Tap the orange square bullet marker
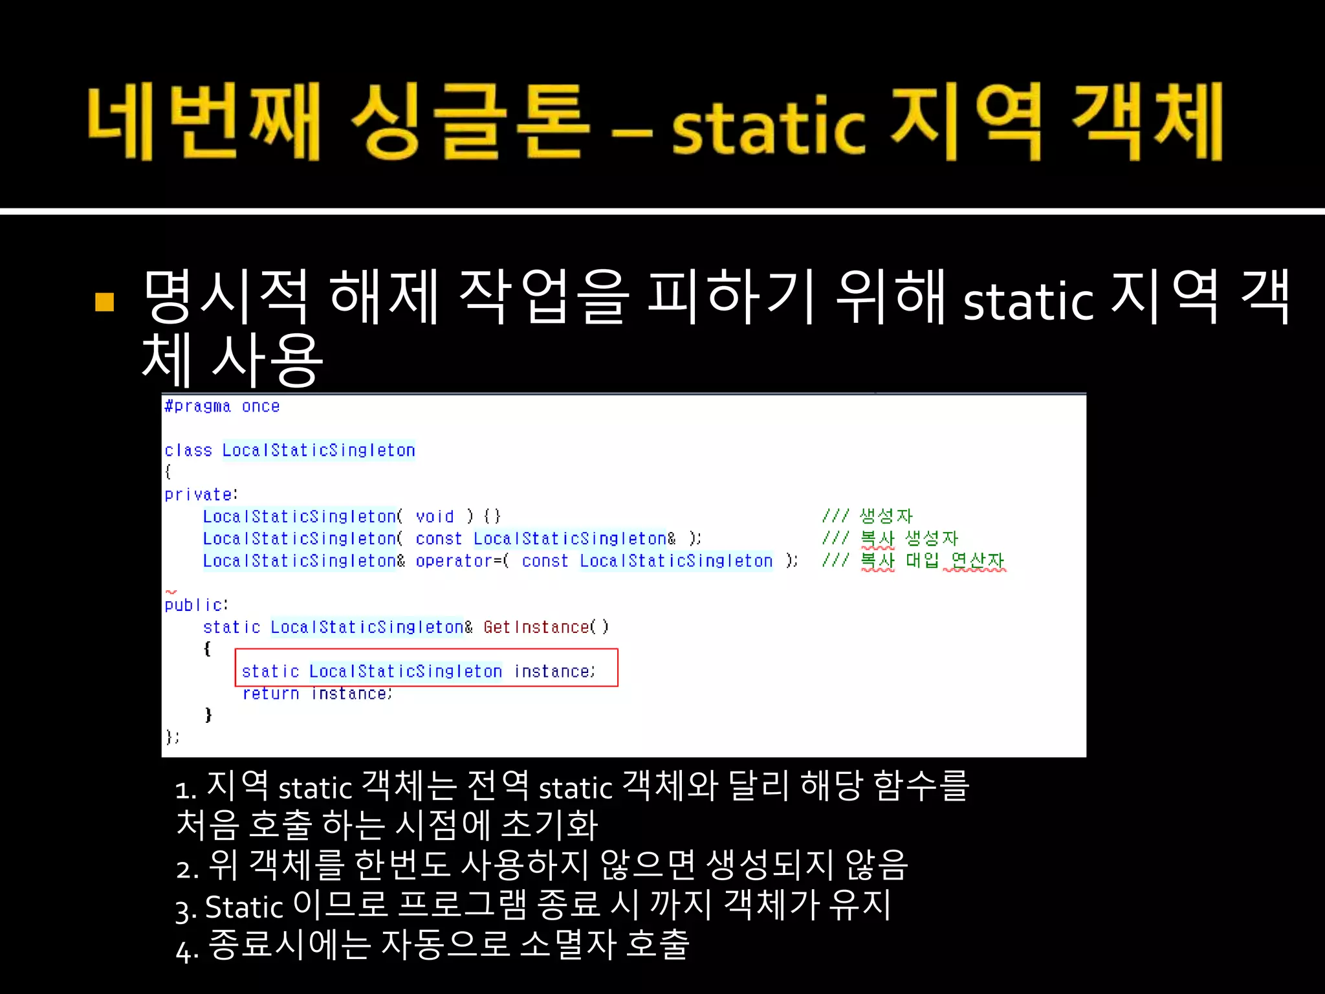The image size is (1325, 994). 105,302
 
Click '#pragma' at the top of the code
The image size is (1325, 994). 197,406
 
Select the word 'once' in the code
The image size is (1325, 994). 261,406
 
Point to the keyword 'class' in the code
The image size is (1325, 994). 188,450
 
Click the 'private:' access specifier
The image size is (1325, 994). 201,495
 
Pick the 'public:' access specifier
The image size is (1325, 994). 196,605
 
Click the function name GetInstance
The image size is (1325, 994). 536,627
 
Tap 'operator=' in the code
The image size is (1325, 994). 459,561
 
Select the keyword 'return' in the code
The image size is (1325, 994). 270,694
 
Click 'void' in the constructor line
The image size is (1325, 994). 435,516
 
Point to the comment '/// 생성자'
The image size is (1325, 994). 868,516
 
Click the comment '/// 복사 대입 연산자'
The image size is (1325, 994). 913,560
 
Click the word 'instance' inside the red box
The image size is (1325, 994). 553,672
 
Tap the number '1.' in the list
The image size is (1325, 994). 186,790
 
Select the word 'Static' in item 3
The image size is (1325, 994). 244,907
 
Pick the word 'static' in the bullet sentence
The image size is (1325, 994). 1027,302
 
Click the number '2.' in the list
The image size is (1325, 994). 187,868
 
